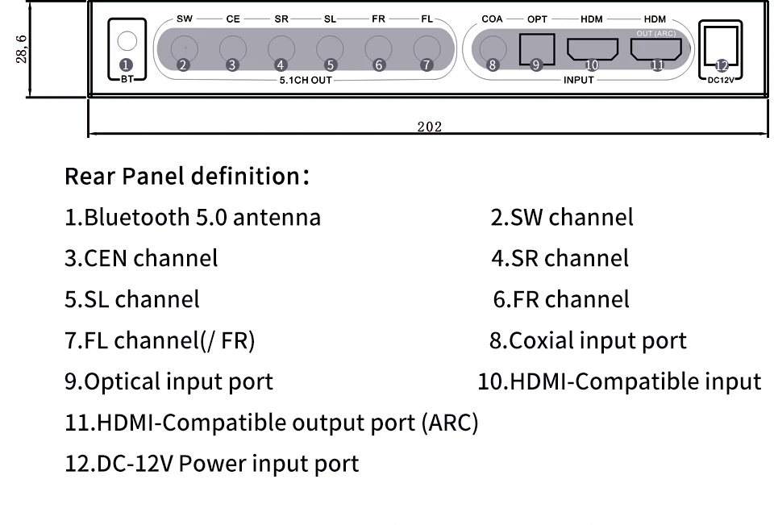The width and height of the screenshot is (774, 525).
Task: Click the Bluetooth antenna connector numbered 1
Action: click(127, 41)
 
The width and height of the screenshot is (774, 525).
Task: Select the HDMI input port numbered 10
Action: click(593, 49)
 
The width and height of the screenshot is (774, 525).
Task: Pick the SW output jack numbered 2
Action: click(184, 47)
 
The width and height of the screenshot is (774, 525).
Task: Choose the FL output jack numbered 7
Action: click(427, 47)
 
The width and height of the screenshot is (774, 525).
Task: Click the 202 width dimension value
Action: click(429, 127)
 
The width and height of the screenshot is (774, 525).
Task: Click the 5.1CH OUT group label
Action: click(305, 81)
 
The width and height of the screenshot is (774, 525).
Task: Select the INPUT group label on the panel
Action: click(578, 81)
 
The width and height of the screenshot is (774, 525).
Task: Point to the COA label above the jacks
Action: click(492, 19)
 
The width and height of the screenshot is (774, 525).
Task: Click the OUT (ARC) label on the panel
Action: click(655, 33)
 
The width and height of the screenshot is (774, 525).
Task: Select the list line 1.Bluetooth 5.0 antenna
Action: click(193, 218)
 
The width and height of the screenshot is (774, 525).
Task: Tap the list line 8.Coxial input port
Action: click(588, 341)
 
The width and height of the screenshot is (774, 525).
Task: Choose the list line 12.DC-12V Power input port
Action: click(211, 465)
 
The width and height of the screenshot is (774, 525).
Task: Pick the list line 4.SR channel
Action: click(560, 259)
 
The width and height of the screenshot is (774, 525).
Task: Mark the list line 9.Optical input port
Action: click(169, 382)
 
